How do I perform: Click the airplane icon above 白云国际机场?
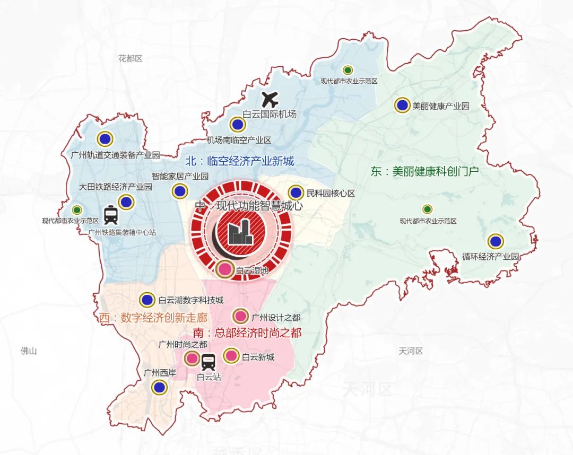pyautogui.click(x=271, y=99)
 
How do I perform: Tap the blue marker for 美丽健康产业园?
pyautogui.click(x=402, y=105)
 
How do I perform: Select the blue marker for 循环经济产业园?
pyautogui.click(x=496, y=241)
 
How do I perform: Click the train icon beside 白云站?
pyautogui.click(x=208, y=362)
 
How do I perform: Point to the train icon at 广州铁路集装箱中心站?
pyautogui.click(x=111, y=215)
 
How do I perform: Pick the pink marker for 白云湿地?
pyautogui.click(x=225, y=269)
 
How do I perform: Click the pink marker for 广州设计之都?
pyautogui.click(x=240, y=317)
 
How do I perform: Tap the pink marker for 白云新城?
pyautogui.click(x=231, y=356)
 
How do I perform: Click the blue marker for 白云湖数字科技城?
pyautogui.click(x=147, y=300)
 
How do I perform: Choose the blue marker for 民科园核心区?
pyautogui.click(x=296, y=193)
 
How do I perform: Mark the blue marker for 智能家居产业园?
pyautogui.click(x=179, y=191)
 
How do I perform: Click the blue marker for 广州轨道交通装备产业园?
pyautogui.click(x=105, y=139)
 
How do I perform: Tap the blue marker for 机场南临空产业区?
pyautogui.click(x=237, y=125)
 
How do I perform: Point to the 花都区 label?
pyautogui.click(x=131, y=58)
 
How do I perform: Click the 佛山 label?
pyautogui.click(x=28, y=351)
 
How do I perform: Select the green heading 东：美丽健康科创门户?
pyautogui.click(x=425, y=171)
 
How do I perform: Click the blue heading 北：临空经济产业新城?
pyautogui.click(x=239, y=161)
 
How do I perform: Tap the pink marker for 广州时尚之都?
pyautogui.click(x=192, y=359)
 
